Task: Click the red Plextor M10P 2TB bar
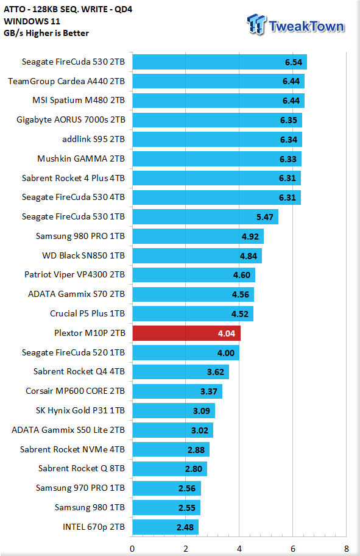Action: pos(186,333)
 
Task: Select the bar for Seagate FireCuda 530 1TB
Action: pos(205,216)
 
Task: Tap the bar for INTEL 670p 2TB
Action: pos(166,527)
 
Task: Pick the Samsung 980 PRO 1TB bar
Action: pos(198,236)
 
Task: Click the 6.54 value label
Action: pos(294,62)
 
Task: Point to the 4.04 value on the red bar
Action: pos(227,333)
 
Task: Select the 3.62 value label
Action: pos(216,372)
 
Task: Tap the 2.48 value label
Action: pos(185,527)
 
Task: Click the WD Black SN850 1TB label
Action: pos(83,255)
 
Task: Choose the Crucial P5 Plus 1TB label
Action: pos(87,313)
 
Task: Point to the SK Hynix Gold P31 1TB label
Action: pos(80,411)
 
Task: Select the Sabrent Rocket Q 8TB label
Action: pos(82,468)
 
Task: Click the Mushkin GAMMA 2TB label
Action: pos(81,159)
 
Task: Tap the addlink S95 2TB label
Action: pos(94,140)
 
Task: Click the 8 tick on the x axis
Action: pos(346,549)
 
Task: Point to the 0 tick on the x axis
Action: pos(132,549)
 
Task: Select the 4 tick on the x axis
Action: pos(239,549)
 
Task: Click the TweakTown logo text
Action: pos(306,27)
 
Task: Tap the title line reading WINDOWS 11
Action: pos(32,21)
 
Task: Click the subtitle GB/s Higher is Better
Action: pos(46,33)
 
